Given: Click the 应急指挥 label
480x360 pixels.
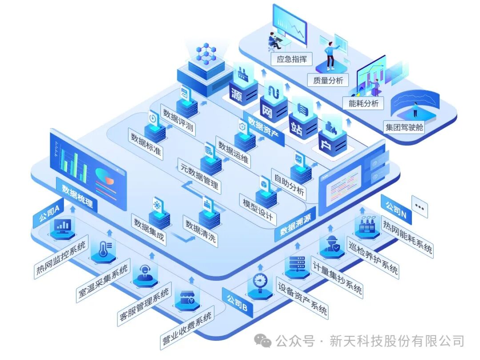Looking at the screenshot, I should pyautogui.click(x=292, y=59).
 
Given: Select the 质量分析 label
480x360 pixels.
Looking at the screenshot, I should pyautogui.click(x=328, y=80).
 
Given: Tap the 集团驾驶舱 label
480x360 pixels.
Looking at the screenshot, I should pyautogui.click(x=404, y=128).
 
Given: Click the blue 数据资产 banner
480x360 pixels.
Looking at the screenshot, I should pyautogui.click(x=265, y=126).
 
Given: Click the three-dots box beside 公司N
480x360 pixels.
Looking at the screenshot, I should pyautogui.click(x=420, y=207).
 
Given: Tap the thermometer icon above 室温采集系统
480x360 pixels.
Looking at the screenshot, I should pyautogui.click(x=103, y=252).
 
